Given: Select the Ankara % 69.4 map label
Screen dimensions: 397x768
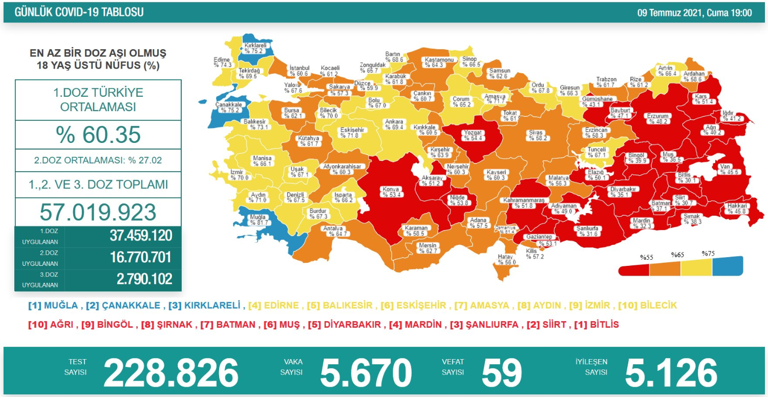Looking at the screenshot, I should pos(394,124).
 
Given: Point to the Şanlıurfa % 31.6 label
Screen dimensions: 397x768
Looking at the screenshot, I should pos(587,231).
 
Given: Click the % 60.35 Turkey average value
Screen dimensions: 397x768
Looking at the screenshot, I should pos(98,135).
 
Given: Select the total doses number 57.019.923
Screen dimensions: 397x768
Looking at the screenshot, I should pos(98,212).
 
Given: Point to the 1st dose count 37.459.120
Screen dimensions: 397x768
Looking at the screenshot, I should pos(140,236).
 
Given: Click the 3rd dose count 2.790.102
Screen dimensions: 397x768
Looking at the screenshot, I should pos(140,279).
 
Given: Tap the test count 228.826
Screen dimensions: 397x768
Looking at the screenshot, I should pos(171,372).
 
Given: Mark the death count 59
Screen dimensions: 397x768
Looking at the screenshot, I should pos(501,372).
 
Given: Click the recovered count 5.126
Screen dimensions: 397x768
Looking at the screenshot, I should pos(671,372).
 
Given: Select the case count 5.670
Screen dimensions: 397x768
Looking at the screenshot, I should pos(366,372).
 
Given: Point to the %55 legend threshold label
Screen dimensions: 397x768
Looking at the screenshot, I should pos(646,258).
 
